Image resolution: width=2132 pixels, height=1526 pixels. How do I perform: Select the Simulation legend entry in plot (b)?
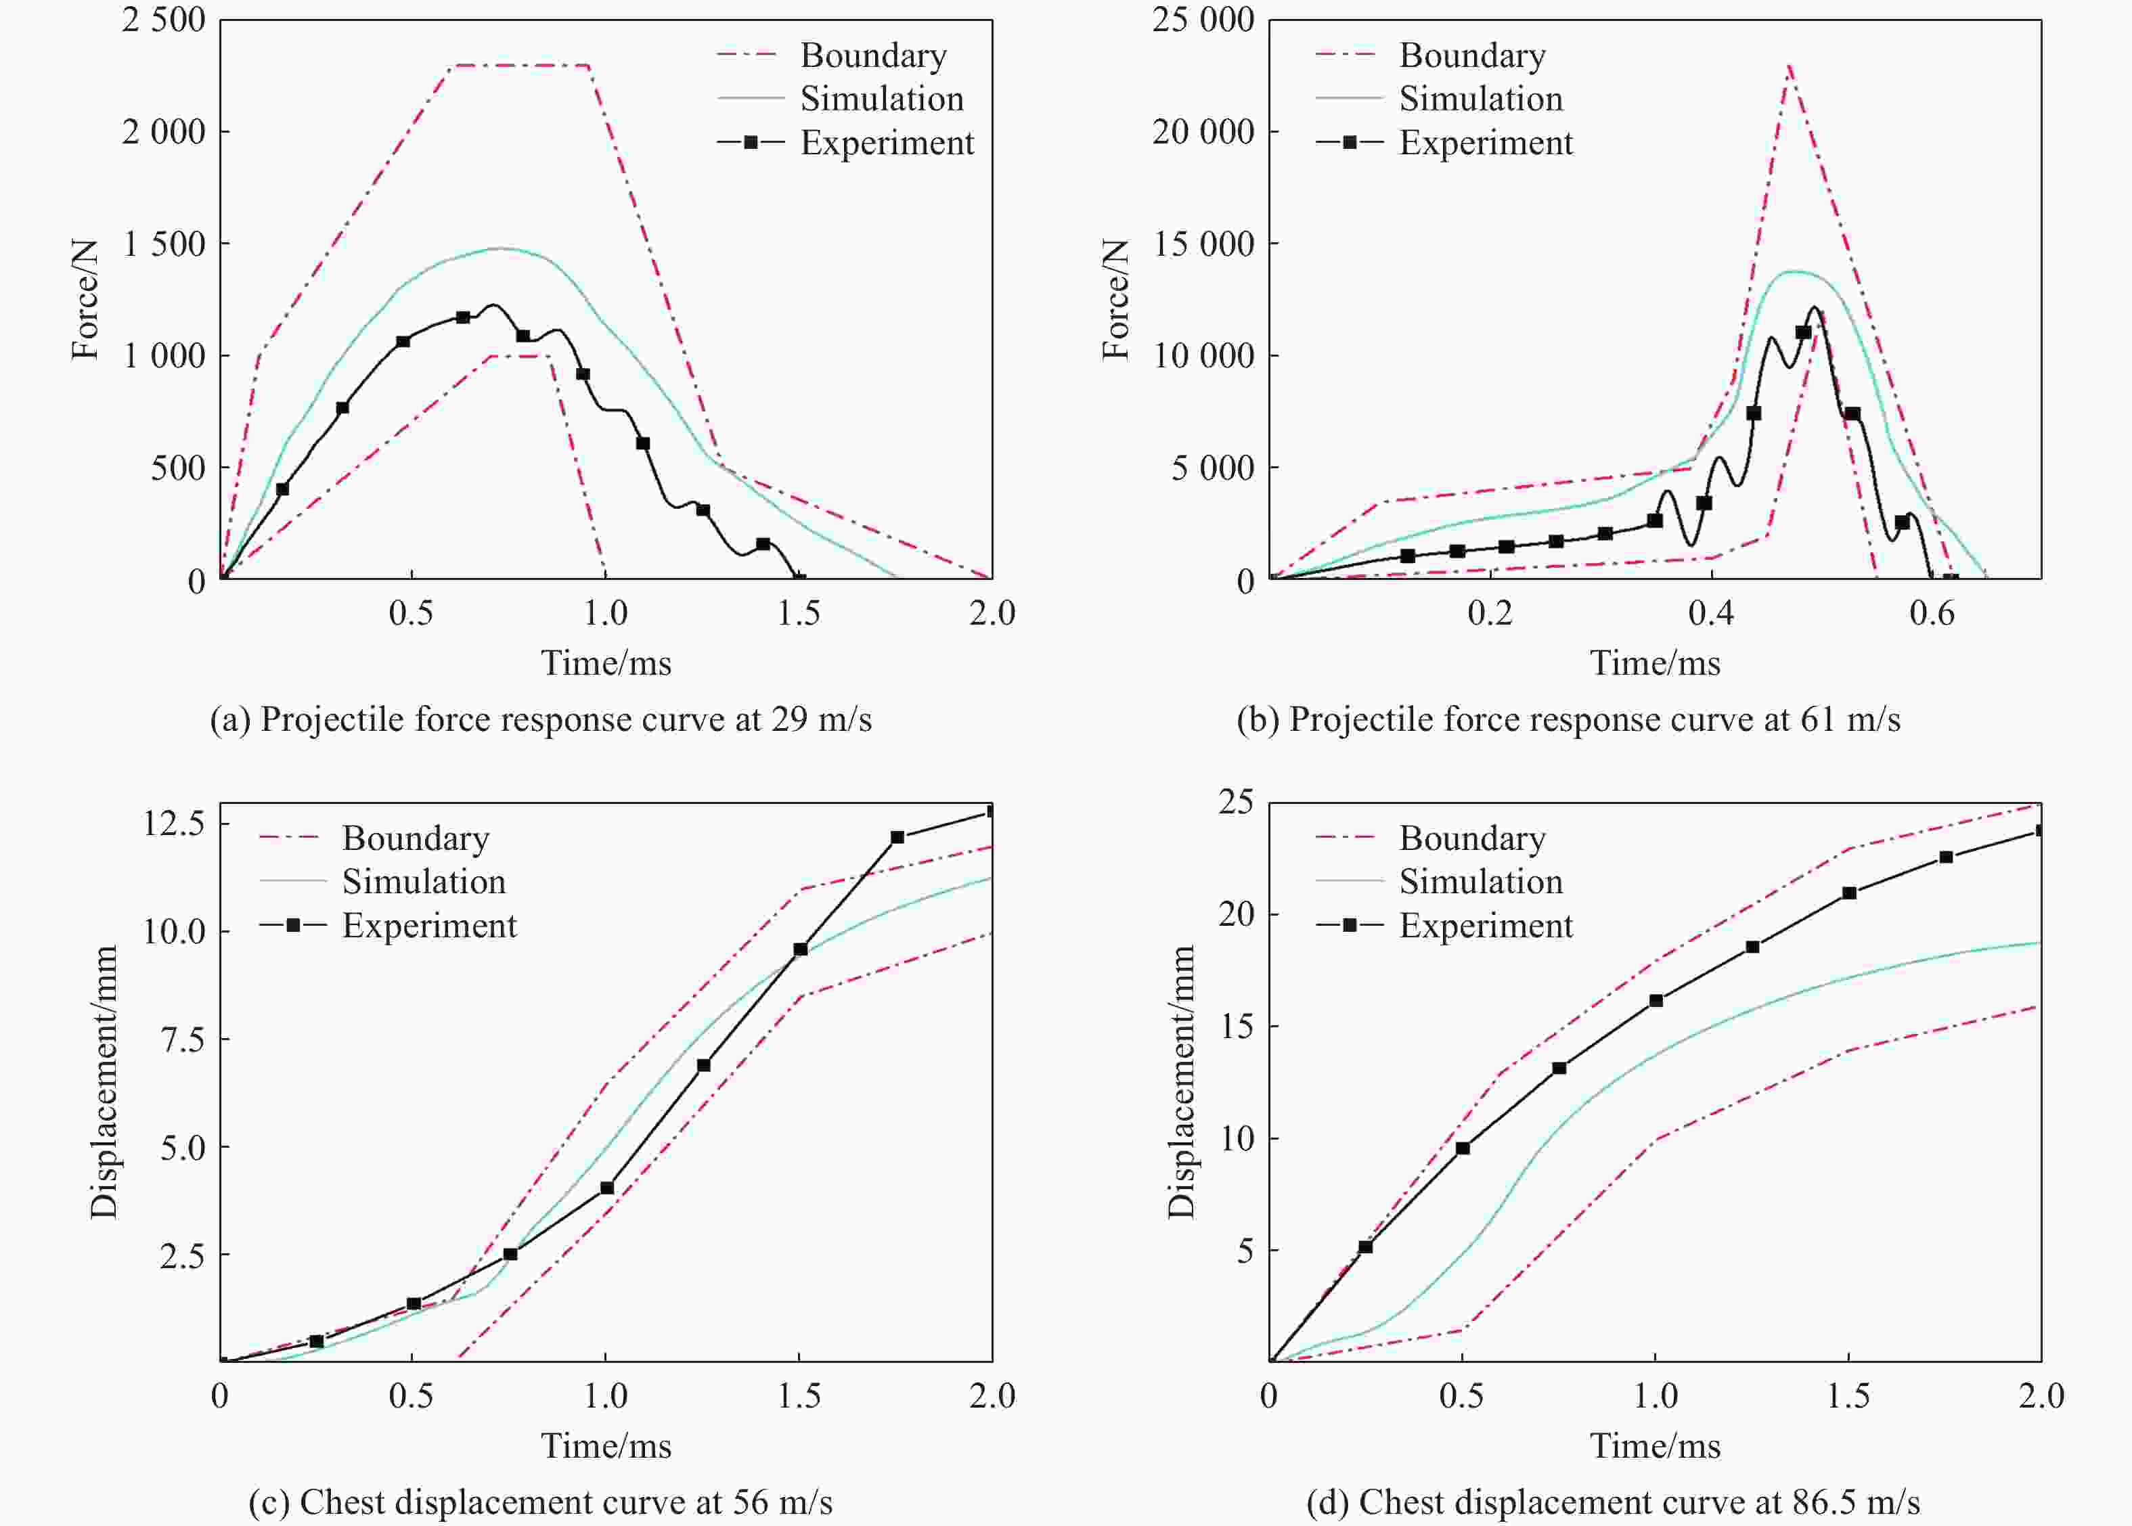1480,99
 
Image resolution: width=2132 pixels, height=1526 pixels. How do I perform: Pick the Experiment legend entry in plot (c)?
428,926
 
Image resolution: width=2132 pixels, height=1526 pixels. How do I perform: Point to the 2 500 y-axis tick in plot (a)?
164,20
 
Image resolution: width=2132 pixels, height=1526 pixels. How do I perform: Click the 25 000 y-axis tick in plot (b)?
1203,20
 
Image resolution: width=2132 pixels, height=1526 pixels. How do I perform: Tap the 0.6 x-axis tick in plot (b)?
1932,612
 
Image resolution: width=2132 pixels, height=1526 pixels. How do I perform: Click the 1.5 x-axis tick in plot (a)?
799,612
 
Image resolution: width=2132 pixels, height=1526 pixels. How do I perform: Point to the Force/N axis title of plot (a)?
85,299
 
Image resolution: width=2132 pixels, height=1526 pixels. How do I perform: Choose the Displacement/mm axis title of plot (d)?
1181,1081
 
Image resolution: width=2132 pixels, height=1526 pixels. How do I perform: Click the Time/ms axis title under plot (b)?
1655,663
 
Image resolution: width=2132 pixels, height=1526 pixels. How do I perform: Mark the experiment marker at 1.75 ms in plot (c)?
897,837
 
